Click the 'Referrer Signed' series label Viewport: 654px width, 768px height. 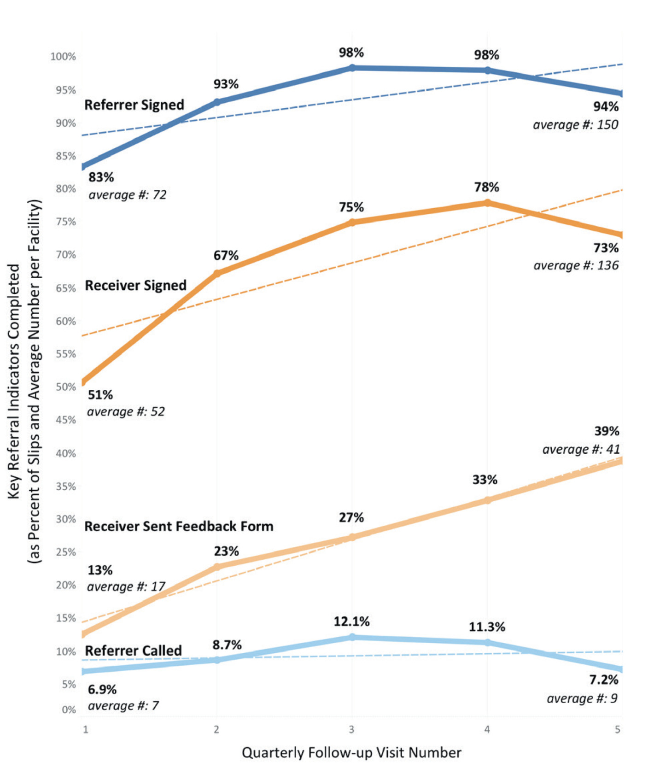[134, 105]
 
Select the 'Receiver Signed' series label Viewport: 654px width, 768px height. [135, 286]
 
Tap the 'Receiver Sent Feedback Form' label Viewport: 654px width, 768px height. [179, 526]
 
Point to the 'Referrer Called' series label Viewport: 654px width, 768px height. [134, 651]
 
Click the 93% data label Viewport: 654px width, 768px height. [226, 84]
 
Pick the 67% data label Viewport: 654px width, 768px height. [226, 255]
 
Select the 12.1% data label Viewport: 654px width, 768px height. [351, 621]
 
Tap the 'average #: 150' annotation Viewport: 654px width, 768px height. [575, 125]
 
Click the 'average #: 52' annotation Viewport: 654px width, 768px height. [126, 411]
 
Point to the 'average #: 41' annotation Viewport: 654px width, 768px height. [581, 449]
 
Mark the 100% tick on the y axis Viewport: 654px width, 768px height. [63, 57]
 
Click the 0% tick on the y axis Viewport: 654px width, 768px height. [69, 709]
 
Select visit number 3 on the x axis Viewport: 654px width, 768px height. [352, 729]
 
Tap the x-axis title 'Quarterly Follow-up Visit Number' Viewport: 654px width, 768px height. [351, 753]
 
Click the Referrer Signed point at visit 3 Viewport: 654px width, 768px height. [352, 68]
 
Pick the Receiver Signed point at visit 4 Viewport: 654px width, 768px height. [487, 203]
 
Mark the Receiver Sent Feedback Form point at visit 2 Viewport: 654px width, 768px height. [217, 567]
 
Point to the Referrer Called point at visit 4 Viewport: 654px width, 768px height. [487, 642]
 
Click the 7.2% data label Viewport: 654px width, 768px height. [603, 680]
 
